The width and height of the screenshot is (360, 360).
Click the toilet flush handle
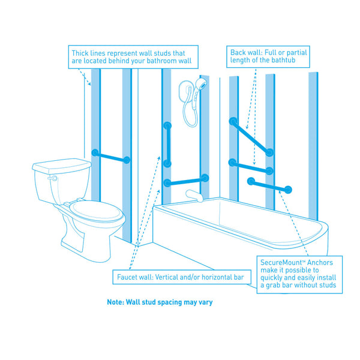pyautogui.click(x=53, y=178)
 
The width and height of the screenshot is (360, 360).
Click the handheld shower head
pyautogui.click(x=201, y=86)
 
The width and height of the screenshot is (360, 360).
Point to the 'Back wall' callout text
pyautogui.click(x=268, y=57)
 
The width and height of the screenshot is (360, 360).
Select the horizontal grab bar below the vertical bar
pyautogui.click(x=186, y=180)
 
